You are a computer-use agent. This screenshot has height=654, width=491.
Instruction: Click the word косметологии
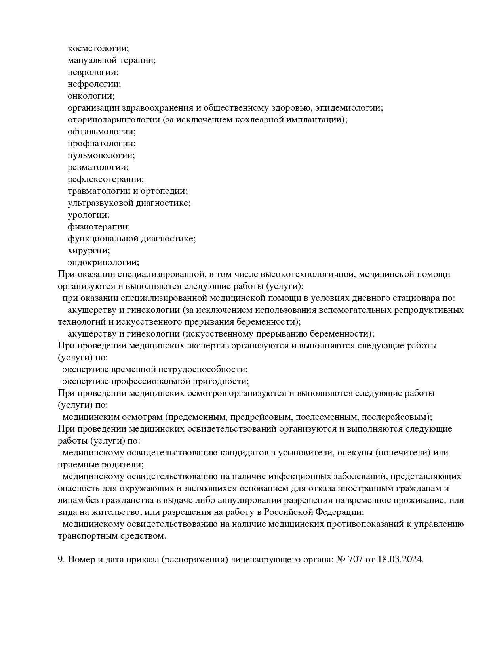98,48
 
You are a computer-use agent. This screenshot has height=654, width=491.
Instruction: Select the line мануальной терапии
112,60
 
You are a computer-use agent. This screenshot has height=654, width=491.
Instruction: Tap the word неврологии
93,72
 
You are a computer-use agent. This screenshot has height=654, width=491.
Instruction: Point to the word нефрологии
94,84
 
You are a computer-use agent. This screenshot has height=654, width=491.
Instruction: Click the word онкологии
91,96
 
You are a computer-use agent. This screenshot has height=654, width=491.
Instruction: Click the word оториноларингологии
114,120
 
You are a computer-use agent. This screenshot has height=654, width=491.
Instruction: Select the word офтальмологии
101,132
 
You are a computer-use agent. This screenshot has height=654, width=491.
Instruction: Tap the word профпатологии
101,143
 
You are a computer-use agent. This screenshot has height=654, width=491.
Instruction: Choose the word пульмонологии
101,155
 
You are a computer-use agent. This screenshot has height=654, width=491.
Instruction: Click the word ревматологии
98,167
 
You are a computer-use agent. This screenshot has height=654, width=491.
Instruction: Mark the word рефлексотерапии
106,179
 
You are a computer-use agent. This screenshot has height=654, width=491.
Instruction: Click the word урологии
88,215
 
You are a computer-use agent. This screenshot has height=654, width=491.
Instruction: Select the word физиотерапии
99,227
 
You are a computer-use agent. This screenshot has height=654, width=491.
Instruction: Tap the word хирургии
89,251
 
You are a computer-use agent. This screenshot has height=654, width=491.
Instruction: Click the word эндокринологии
103,262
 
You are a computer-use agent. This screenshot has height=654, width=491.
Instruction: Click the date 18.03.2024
400,560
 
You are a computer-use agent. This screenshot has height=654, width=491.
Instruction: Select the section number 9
61,560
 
